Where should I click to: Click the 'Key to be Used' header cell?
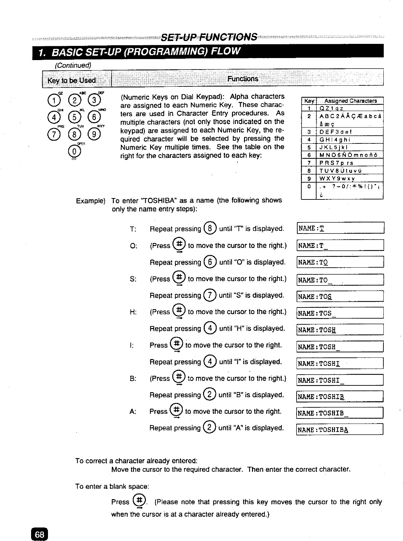coord(72,80)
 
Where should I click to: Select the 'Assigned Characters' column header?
coord(350,101)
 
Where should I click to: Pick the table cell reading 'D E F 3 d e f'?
coord(349,132)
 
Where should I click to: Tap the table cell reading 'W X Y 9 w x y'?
coord(349,178)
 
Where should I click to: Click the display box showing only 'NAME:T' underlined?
coord(340,228)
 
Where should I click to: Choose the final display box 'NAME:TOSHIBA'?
coord(340,430)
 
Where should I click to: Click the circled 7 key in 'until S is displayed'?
coord(210,295)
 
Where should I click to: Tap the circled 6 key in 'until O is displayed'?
coord(210,262)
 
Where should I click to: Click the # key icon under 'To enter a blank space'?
coord(139,501)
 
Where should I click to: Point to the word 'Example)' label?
coord(91,201)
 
